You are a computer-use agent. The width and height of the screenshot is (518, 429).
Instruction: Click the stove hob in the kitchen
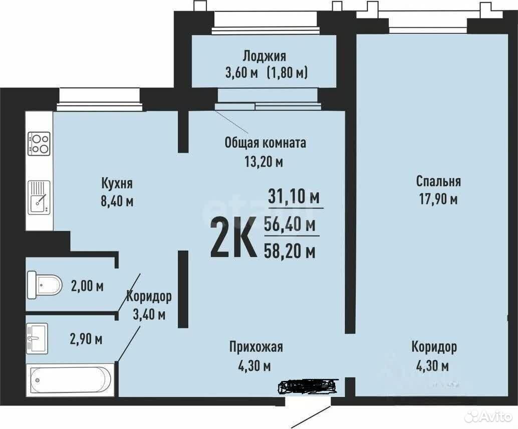tap(39, 144)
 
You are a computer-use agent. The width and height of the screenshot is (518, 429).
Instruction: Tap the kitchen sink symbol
tap(39, 197)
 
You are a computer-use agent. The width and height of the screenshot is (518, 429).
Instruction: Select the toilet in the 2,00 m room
tap(45, 285)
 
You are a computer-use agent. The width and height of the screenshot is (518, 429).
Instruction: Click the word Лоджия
tap(265, 56)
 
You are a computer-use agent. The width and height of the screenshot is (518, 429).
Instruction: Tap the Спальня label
tap(438, 181)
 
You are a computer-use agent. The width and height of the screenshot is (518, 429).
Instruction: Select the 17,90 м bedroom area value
tap(438, 199)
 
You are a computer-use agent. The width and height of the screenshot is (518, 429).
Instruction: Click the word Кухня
tap(117, 183)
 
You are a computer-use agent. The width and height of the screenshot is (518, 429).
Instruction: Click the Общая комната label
tap(266, 143)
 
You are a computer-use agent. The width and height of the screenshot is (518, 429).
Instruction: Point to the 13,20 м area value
tap(264, 161)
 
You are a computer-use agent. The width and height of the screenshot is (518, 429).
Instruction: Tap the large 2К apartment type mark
tap(233, 237)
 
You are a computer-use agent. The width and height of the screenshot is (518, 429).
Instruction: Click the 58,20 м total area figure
tap(290, 252)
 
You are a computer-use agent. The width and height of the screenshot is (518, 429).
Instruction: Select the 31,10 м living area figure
tap(294, 197)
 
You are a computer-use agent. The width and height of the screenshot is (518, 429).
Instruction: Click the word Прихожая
tap(256, 347)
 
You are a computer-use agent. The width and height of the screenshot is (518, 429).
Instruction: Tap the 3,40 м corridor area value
tap(149, 314)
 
